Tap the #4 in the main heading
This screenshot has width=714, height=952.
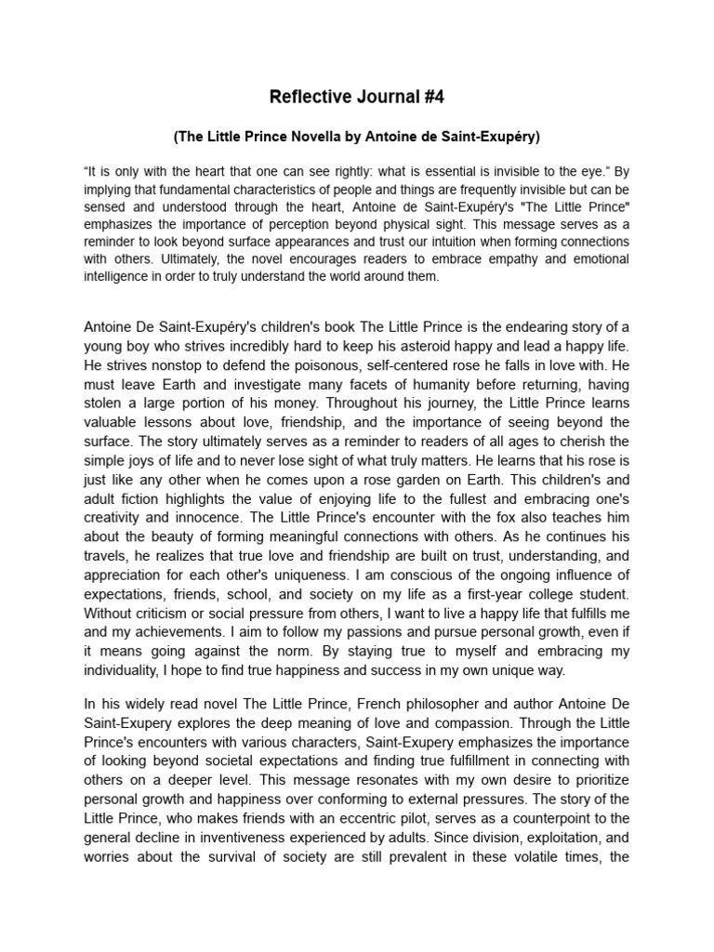429,97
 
